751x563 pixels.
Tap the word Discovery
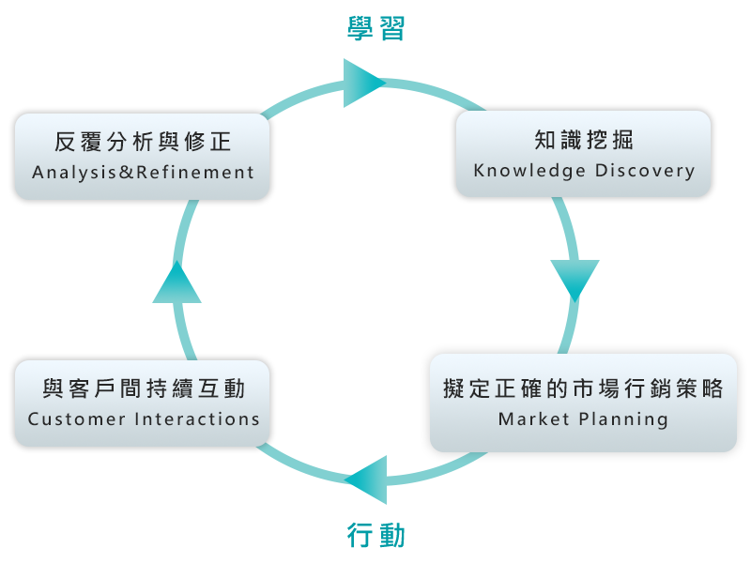point(645,171)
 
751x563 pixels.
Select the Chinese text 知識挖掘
point(584,141)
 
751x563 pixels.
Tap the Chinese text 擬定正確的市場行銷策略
point(583,388)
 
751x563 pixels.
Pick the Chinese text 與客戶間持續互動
point(144,388)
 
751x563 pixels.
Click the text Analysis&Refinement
point(143,172)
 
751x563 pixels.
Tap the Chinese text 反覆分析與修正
point(143,142)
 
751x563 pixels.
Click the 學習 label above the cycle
point(375,29)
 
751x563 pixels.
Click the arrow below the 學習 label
point(366,83)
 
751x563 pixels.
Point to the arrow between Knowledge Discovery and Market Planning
point(575,281)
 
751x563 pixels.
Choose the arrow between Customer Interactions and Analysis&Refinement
point(176,280)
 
